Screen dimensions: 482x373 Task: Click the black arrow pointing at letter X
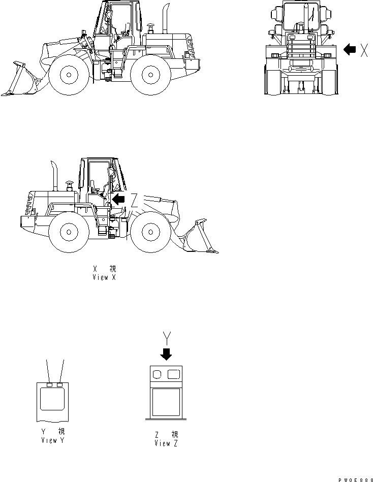coord(350,49)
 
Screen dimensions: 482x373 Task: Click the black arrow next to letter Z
coord(118,200)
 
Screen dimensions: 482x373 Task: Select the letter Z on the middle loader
coord(134,200)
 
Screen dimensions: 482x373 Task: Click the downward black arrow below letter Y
coord(166,354)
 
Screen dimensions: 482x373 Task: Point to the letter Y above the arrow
coord(166,337)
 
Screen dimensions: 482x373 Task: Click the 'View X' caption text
coord(104,278)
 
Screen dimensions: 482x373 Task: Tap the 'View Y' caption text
coord(53,440)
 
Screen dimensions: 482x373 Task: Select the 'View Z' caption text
coord(166,443)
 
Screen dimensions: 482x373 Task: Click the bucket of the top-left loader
coord(23,81)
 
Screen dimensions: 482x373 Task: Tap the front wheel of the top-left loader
coord(68,75)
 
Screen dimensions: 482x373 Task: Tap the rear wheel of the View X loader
coord(69,233)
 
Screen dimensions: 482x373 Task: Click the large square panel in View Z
coord(166,403)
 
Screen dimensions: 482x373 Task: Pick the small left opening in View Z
coord(158,375)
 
